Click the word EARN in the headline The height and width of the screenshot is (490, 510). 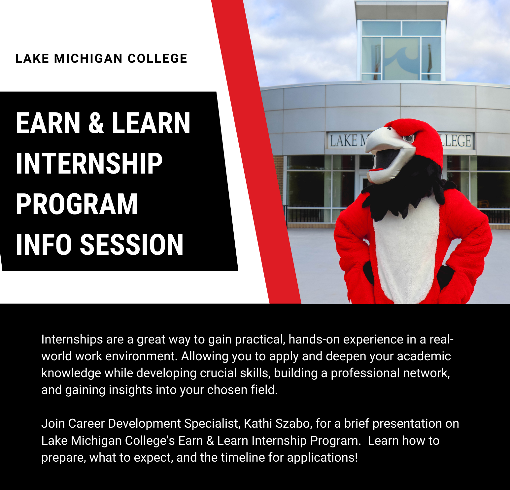pyautogui.click(x=48, y=123)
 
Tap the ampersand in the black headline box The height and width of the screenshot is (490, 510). pyautogui.click(x=96, y=123)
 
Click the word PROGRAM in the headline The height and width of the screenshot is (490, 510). pyautogui.click(x=77, y=204)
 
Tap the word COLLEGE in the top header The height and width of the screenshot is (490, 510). pyautogui.click(x=157, y=59)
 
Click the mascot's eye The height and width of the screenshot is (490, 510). pyautogui.click(x=409, y=138)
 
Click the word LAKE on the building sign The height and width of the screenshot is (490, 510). pyautogui.click(x=344, y=141)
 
